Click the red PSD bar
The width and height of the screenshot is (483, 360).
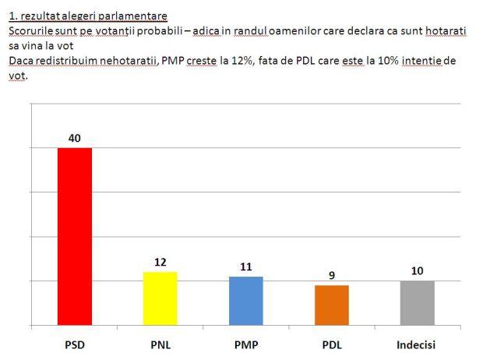[75, 236]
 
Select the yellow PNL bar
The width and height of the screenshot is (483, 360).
[160, 298]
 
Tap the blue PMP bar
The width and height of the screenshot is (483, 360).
[246, 301]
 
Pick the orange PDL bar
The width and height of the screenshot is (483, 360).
[332, 305]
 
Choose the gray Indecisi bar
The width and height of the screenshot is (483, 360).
[417, 303]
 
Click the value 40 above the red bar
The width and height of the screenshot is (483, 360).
[75, 139]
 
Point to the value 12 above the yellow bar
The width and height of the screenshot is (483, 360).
[160, 263]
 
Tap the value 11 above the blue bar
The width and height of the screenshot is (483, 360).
[246, 267]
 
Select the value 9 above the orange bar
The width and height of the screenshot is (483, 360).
[332, 276]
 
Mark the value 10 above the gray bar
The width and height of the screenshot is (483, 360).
[417, 271]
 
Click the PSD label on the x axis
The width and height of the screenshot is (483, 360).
[75, 344]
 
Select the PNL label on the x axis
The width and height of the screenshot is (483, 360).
[160, 344]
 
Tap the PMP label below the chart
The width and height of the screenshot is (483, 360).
[246, 344]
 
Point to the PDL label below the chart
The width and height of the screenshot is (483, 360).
[332, 344]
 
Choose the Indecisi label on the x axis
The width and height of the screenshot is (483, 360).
[417, 344]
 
